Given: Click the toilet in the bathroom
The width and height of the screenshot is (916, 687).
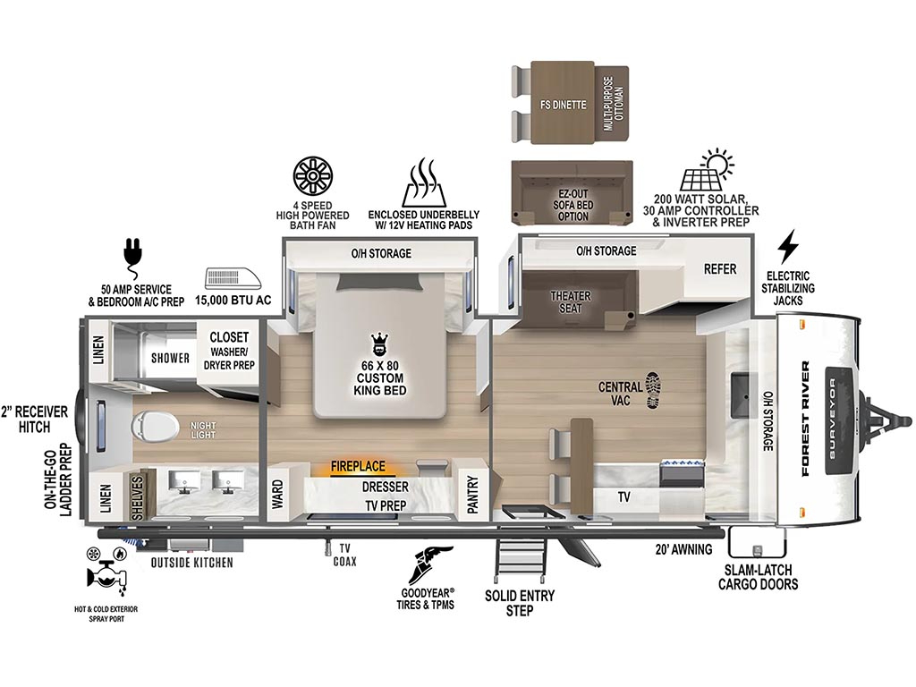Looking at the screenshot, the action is pos(155,428).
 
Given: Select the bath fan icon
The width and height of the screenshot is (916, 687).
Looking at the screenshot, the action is pos(312,176).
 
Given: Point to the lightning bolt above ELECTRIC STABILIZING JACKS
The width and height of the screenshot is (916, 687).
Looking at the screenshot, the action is pos(788,247).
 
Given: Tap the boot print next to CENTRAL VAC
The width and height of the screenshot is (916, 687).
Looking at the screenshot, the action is pos(654,390).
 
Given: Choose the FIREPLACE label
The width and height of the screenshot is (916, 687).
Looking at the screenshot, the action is pos(358,466).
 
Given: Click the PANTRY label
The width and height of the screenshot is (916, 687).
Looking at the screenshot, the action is pos(472,494).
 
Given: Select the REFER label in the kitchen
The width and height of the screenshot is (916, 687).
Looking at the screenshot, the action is pos(720,268).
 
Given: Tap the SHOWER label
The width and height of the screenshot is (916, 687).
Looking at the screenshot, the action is pos(170,358).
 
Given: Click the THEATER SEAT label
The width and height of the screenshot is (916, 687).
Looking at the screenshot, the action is pos(570,302).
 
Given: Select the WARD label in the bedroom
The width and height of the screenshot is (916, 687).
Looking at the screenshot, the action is pos(277,494).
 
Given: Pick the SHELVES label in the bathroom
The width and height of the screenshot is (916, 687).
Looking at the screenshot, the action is pos(137,497).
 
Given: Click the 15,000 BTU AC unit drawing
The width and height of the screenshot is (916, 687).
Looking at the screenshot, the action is pos(233,279).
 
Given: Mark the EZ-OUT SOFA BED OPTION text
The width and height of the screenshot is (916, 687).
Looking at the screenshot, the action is pos(572,205).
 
